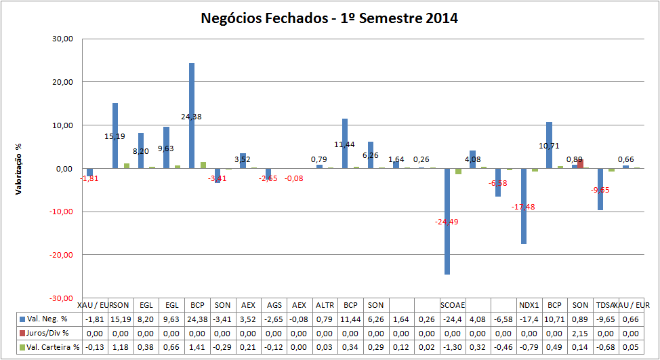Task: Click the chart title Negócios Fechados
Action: tap(329, 18)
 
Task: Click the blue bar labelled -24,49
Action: tap(447, 221)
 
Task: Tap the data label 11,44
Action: tap(345, 145)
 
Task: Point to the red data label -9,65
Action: tap(600, 190)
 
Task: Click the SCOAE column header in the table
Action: tap(452, 304)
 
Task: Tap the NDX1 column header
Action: tap(529, 304)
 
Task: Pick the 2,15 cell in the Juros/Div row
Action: tap(580, 333)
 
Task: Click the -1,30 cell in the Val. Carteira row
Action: tap(452, 347)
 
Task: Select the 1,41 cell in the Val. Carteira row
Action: tap(197, 347)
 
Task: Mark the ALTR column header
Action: tap(325, 304)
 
